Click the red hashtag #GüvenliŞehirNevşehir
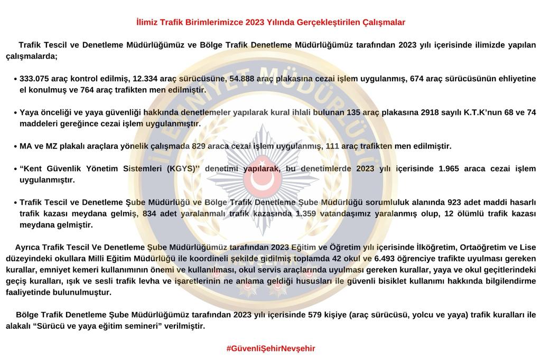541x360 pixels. tap(270, 348)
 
